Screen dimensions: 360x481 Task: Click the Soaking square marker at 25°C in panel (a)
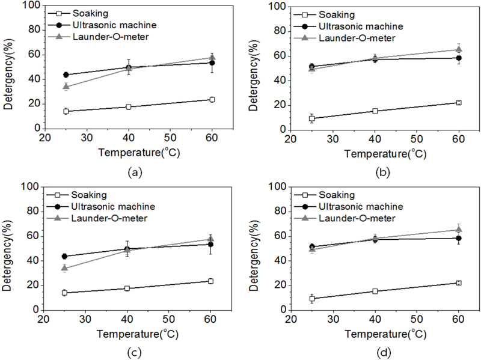[x=66, y=111]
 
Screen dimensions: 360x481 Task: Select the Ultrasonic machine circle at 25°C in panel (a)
[x=66, y=75]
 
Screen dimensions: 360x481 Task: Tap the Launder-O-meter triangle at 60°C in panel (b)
[x=458, y=49]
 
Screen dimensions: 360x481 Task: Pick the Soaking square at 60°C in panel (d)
[x=458, y=282]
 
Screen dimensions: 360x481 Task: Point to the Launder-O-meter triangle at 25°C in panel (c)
[x=66, y=268]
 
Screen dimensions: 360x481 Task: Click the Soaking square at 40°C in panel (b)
[x=375, y=111]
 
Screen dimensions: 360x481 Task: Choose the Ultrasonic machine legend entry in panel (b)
[x=361, y=26]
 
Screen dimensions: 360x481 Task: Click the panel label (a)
[x=135, y=173]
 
